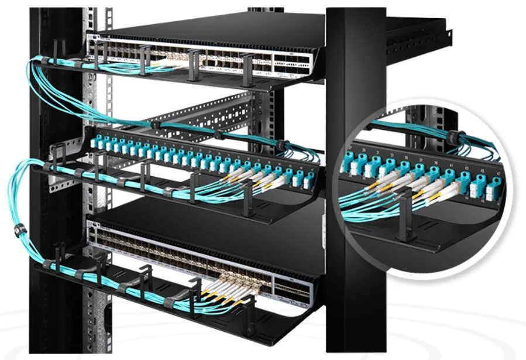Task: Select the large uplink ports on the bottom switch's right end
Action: (291, 287)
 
